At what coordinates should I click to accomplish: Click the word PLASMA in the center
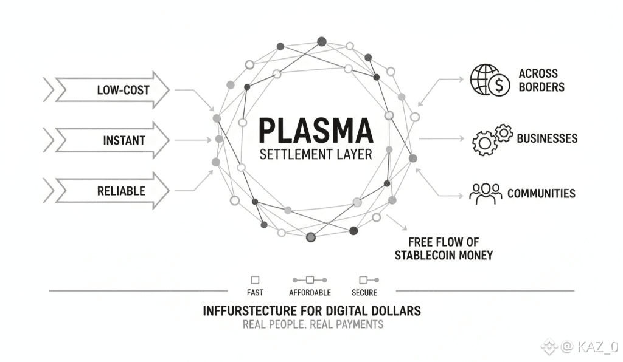pos(315,130)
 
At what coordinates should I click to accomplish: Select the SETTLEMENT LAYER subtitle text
pos(315,154)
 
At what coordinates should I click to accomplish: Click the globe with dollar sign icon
pos(490,80)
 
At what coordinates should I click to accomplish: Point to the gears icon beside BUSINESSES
pos(492,139)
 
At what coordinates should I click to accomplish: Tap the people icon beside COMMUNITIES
pos(485,193)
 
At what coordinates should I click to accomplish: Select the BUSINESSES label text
pos(547,138)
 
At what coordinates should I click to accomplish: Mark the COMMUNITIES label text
pos(541,194)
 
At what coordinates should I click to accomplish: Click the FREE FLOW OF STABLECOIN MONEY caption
pos(444,248)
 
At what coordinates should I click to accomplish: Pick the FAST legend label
pos(255,292)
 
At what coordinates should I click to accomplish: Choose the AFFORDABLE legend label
pos(310,292)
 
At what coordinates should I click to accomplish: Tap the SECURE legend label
pos(364,292)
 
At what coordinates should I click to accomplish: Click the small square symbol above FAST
pos(255,280)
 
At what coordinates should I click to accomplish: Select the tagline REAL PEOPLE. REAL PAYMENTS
pos(313,324)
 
